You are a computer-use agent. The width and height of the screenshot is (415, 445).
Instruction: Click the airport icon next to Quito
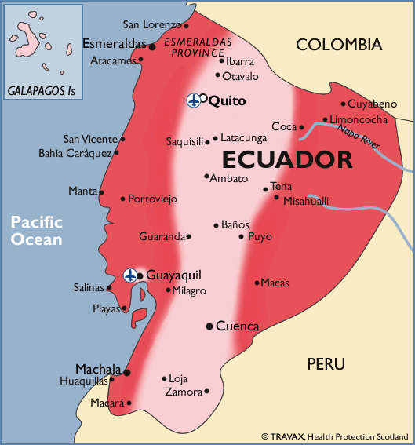click(193, 100)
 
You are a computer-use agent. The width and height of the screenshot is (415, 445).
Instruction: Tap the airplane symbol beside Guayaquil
click(130, 275)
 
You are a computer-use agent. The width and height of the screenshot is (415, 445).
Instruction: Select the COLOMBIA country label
click(338, 45)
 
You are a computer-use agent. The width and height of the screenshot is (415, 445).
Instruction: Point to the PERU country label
click(326, 364)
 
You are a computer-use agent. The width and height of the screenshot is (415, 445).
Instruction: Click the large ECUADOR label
click(286, 159)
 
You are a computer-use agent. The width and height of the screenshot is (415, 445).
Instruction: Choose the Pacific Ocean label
click(36, 231)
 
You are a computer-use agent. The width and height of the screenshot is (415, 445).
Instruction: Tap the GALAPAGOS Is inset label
click(42, 91)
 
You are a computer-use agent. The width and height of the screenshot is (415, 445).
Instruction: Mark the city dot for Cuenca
click(209, 326)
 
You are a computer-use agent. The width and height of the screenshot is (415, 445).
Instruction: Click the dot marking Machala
click(127, 373)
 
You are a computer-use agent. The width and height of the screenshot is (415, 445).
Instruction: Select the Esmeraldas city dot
click(152, 47)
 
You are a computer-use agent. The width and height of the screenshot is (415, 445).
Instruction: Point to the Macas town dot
click(257, 283)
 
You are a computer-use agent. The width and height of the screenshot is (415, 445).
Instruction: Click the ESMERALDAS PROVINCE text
click(197, 45)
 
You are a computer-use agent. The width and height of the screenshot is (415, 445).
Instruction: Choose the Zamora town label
click(183, 391)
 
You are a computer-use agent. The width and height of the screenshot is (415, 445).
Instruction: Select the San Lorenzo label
click(151, 24)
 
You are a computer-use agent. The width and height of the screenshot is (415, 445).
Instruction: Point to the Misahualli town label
click(306, 201)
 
